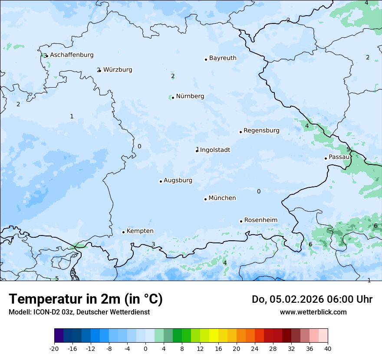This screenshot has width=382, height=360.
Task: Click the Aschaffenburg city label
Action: point(72,55)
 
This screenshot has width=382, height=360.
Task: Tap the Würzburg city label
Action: point(118,70)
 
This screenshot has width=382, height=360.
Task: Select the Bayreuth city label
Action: point(223,58)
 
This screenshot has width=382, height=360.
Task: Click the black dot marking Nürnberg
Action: point(173,98)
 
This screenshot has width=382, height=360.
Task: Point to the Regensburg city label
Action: point(261,131)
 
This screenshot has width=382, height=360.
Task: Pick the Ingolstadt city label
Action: point(215,150)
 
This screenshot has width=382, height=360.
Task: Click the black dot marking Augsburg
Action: point(161,181)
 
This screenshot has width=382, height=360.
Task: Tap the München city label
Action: point(222,198)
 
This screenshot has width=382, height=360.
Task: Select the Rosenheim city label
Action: point(260,220)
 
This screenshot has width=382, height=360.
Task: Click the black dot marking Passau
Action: point(326,158)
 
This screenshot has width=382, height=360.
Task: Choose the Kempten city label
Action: point(140,231)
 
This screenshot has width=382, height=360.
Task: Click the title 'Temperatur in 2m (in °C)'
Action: point(86,299)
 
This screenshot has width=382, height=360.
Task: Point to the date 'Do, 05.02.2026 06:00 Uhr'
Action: point(312,299)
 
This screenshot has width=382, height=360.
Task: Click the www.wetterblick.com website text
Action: point(313,312)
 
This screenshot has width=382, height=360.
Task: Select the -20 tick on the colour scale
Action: point(54,348)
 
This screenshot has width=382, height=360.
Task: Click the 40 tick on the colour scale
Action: point(327,348)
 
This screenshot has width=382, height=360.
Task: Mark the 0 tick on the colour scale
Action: point(145,348)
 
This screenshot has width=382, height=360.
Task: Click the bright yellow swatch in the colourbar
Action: point(214,336)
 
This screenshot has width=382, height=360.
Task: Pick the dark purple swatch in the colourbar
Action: point(59,336)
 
